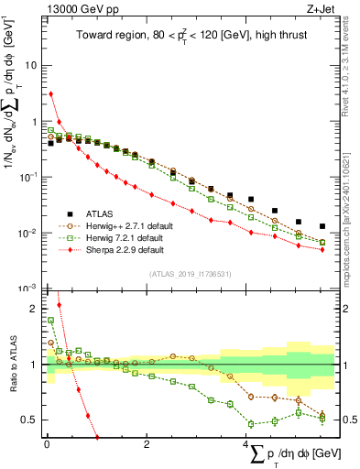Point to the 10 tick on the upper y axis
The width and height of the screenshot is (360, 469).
(30, 66)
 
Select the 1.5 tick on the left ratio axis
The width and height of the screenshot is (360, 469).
(30, 337)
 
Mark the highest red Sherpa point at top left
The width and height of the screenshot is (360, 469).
(51, 93)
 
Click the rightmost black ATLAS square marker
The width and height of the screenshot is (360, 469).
(322, 226)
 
